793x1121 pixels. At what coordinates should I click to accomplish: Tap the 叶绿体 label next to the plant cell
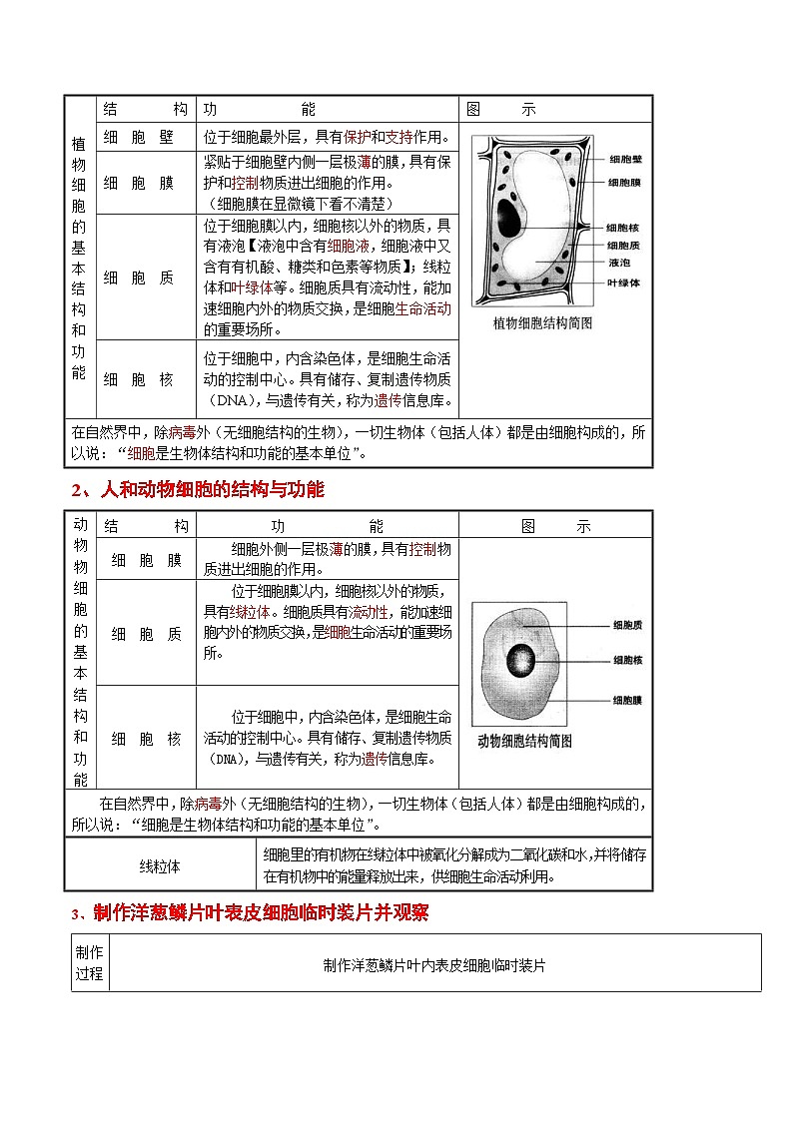(623, 282)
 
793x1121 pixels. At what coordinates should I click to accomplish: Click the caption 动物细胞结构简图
(524, 741)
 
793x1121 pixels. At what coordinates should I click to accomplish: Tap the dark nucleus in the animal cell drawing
(519, 660)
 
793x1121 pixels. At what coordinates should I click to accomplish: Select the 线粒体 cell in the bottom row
(160, 866)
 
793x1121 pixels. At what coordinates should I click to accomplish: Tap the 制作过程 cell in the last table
(89, 962)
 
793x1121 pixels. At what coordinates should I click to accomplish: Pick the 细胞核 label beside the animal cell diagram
(627, 661)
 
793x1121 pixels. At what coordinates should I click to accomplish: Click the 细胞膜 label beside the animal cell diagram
(627, 701)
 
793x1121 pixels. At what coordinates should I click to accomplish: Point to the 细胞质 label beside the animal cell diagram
(627, 626)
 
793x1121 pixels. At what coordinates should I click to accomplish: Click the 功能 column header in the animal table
(327, 525)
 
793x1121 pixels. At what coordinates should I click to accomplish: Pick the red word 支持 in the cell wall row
(398, 138)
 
